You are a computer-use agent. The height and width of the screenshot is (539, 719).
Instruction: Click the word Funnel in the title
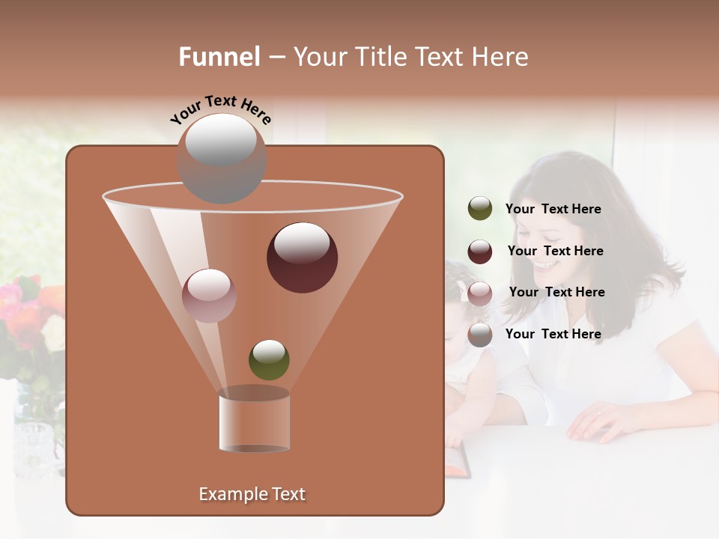pyautogui.click(x=219, y=57)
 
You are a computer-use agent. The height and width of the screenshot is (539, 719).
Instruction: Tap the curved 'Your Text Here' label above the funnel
pyautogui.click(x=220, y=109)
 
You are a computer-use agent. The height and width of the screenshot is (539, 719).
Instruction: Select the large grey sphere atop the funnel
pyautogui.click(x=221, y=158)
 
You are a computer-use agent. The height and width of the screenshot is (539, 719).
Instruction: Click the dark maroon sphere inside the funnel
pyautogui.click(x=302, y=258)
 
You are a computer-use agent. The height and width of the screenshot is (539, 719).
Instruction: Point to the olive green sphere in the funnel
pyautogui.click(x=269, y=359)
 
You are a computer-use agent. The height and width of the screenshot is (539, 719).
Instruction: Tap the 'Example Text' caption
pyautogui.click(x=252, y=494)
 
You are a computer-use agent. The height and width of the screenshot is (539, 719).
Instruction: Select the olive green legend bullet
pyautogui.click(x=480, y=209)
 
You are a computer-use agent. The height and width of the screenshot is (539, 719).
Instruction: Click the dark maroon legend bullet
pyautogui.click(x=480, y=252)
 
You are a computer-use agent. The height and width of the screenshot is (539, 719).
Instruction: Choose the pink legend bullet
pyautogui.click(x=480, y=293)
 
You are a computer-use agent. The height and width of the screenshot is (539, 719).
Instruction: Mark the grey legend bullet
pyautogui.click(x=480, y=335)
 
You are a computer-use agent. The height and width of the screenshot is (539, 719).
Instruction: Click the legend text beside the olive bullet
pyautogui.click(x=553, y=210)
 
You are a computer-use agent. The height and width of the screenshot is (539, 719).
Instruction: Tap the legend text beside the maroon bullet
pyautogui.click(x=555, y=252)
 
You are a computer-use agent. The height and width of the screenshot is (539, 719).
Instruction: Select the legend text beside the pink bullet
pyautogui.click(x=556, y=293)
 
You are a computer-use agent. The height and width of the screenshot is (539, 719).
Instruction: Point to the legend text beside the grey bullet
pyautogui.click(x=553, y=335)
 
